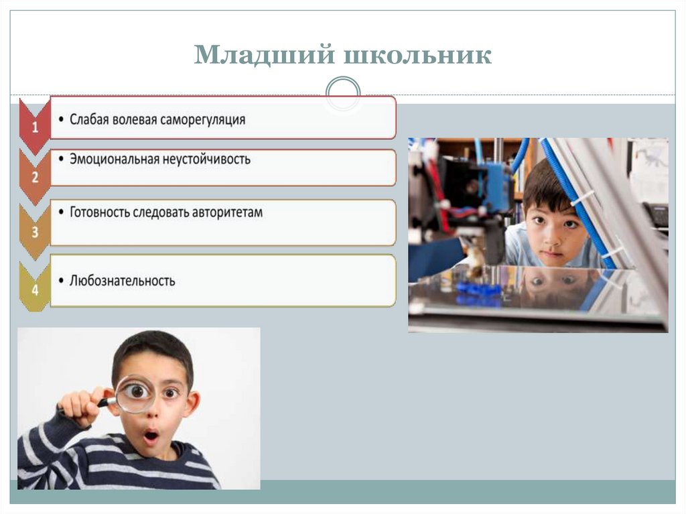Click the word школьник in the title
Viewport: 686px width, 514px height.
[417, 56]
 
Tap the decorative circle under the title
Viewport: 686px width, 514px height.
[342, 92]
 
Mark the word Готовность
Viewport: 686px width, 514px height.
[101, 212]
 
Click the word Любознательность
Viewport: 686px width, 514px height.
[122, 281]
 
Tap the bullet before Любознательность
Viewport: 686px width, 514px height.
[62, 281]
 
